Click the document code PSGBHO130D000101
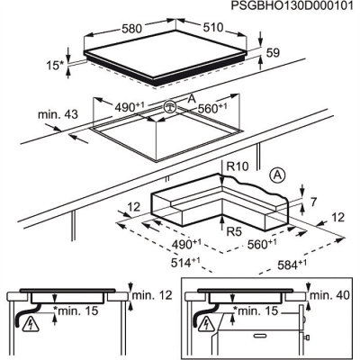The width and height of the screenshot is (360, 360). coord(293,6)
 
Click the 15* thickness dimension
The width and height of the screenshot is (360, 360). coord(57,66)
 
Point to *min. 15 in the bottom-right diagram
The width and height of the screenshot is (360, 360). coord(256,311)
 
